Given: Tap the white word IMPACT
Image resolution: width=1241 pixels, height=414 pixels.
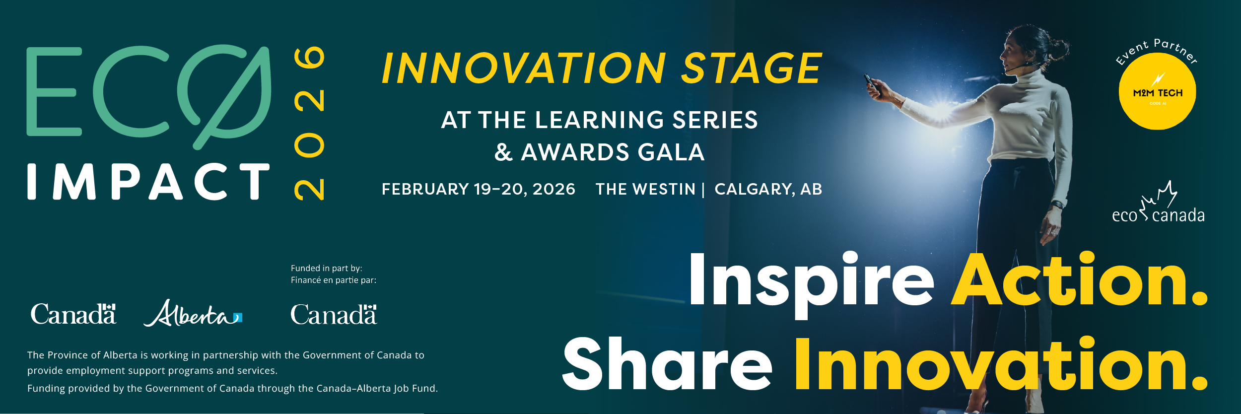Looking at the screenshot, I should (x=148, y=182).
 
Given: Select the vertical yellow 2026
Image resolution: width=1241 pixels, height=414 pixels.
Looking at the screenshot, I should (x=309, y=123).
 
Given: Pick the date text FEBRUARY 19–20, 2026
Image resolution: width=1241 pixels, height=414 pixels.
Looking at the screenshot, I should (x=478, y=189).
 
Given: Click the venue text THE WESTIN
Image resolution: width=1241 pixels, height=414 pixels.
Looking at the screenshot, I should (x=645, y=189).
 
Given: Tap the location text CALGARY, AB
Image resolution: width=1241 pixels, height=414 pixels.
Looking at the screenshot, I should (x=768, y=189).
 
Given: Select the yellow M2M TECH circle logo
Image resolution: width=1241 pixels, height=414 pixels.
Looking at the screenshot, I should (x=1157, y=92).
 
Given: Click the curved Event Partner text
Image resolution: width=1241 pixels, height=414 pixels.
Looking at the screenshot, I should (x=1157, y=50).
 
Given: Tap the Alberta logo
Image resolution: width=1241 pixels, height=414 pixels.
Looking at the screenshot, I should (x=193, y=314).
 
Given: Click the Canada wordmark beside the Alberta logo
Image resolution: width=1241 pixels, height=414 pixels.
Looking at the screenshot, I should (x=73, y=314).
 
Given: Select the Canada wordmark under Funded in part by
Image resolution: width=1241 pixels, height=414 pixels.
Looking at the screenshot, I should (x=333, y=315).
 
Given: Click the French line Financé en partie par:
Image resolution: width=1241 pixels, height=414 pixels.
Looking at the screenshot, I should (x=333, y=280).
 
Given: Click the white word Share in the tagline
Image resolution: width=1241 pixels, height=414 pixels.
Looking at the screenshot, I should (x=667, y=365).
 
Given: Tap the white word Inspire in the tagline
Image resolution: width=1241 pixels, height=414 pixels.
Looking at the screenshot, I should (x=811, y=281).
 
